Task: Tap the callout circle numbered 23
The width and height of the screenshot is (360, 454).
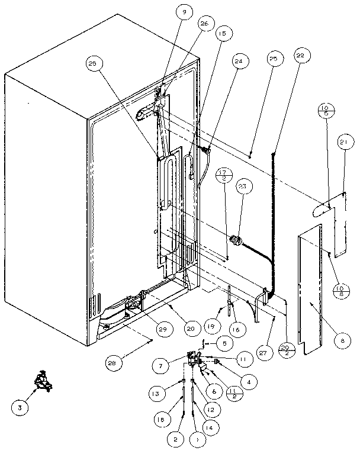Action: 244,188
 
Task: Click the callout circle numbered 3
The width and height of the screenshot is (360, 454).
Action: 21,407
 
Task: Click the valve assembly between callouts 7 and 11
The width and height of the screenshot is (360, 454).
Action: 194,361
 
